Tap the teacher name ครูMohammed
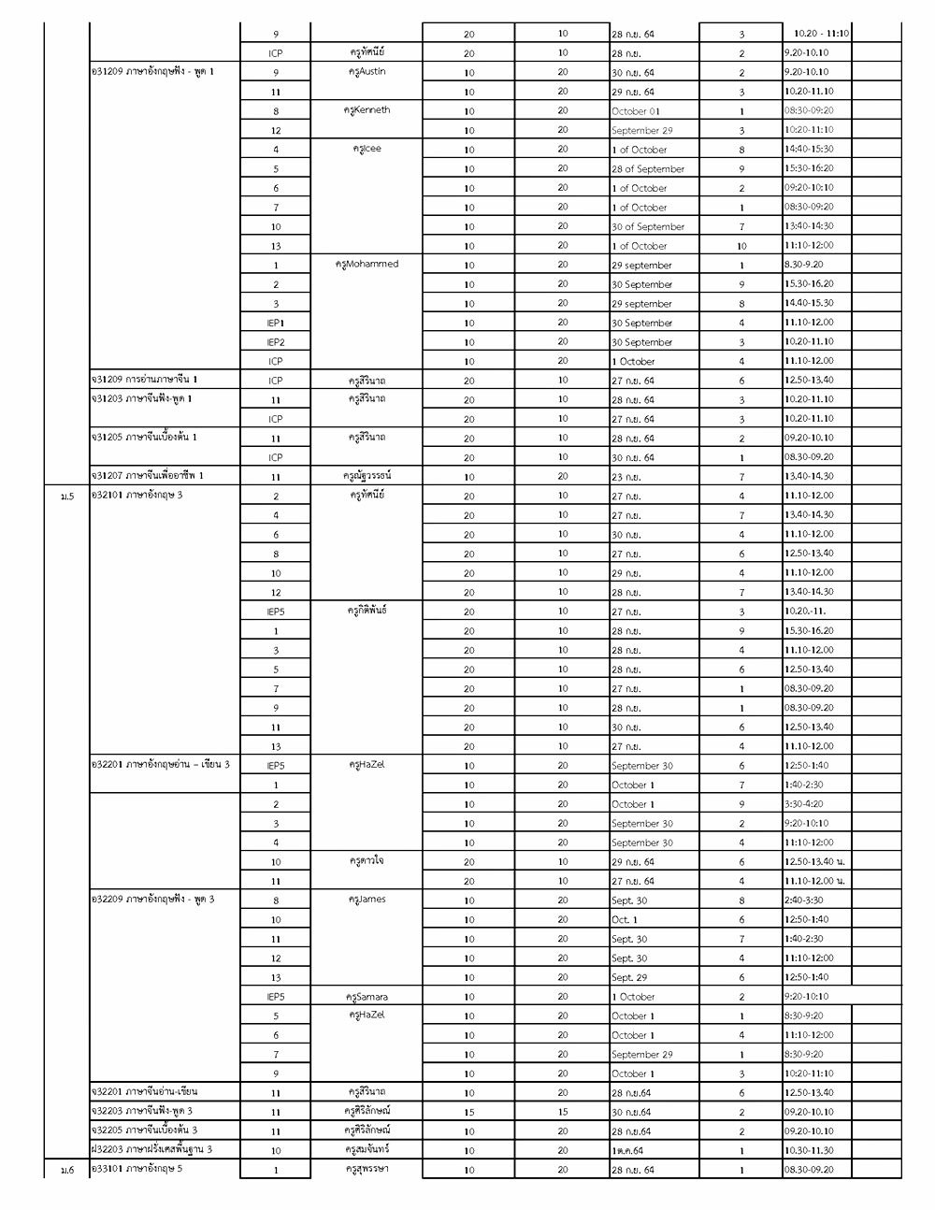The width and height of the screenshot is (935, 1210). coord(367,265)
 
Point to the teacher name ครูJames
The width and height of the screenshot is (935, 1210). coord(367,900)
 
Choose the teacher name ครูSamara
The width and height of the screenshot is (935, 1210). coord(367,997)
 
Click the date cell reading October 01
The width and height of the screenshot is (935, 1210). coord(635,111)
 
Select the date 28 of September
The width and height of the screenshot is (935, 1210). coord(648,169)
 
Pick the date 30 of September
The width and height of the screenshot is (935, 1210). coord(648,227)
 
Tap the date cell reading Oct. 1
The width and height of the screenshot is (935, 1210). coord(627,920)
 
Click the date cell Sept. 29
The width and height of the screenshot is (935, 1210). coord(629,978)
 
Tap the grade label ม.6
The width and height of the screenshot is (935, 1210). coord(66,1171)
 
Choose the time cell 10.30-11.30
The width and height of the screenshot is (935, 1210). coord(809,1151)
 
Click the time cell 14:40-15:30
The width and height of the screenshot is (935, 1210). coord(809,150)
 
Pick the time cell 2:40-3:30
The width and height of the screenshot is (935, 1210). coord(804,900)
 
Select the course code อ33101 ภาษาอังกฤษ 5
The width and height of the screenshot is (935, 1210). coord(137,1169)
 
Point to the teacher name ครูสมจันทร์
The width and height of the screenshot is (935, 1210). coord(367,1150)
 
